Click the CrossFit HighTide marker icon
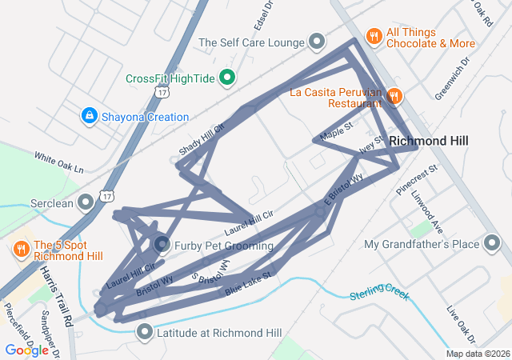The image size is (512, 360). (x=227, y=78)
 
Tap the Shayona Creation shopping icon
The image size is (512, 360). (x=89, y=117)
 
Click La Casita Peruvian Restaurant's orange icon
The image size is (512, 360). (x=394, y=97)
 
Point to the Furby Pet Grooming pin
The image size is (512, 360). (x=161, y=245)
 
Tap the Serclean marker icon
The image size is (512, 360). (x=86, y=203)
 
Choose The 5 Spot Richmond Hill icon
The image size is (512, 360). (x=22, y=250)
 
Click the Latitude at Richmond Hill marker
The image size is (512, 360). (x=145, y=331)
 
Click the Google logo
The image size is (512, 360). (x=26, y=350)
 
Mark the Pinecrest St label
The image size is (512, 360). (x=418, y=180)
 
